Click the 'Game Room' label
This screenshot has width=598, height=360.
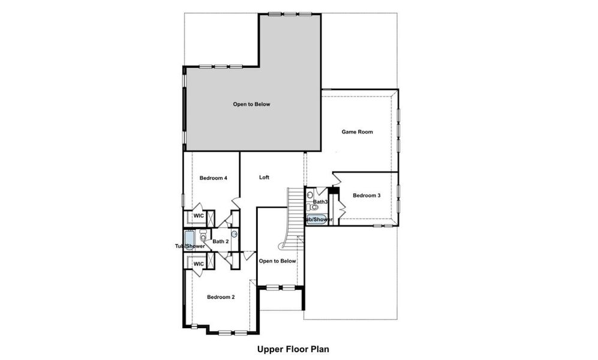coord(357,131)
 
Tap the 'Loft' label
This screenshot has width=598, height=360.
coord(264,178)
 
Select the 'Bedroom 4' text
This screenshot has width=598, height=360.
coord(213,178)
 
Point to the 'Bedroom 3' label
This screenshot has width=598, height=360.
coord(366,196)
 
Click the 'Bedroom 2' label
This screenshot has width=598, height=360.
coord(221,297)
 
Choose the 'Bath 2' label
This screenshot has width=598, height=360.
coord(220,241)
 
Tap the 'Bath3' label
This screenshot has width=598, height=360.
coord(320,202)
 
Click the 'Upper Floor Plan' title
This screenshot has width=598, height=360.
coord(293,348)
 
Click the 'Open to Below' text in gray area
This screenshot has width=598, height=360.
coord(252,104)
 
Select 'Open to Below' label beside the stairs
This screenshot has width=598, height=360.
coord(277,261)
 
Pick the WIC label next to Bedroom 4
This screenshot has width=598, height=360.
coord(199,215)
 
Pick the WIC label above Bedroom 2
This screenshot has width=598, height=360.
coord(199,264)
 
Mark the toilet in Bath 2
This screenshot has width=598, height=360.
coord(203,236)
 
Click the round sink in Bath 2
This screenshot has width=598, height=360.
coord(234,234)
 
